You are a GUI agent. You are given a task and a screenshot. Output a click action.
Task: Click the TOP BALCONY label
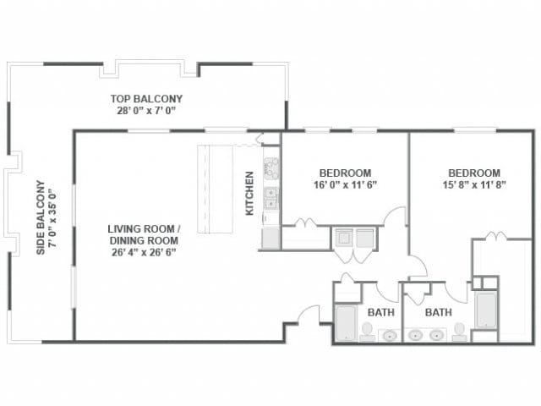[x=146, y=98]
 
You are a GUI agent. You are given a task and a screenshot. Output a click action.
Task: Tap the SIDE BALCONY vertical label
[x=39, y=218]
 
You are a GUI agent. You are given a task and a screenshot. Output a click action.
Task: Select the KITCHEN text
[x=250, y=194]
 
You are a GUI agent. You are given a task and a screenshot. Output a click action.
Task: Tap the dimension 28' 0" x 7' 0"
[x=146, y=111]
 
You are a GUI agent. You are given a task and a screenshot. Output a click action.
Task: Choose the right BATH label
[x=438, y=312]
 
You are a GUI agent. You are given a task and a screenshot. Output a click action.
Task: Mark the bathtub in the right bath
[x=486, y=310]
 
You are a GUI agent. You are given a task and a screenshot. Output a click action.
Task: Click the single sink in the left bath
[x=390, y=336]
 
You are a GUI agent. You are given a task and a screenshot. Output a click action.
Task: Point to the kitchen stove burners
[x=271, y=167]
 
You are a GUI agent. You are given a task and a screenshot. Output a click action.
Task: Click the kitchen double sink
[x=271, y=199]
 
